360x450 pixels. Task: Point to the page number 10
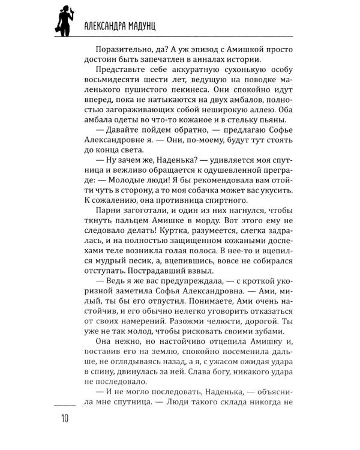coord(63,418)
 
